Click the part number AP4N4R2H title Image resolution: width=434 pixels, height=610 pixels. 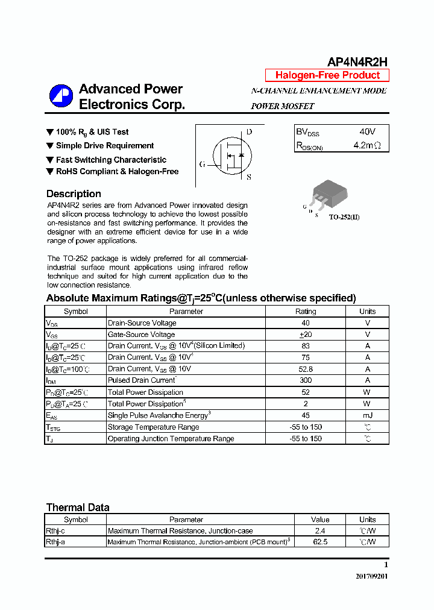pos(357,61)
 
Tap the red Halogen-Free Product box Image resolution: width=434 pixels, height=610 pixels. pos(327,75)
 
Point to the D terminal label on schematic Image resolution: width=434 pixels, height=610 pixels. pos(249,132)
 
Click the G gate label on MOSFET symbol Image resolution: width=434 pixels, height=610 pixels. pos(202,164)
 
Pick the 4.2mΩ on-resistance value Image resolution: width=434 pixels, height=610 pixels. pos(367,145)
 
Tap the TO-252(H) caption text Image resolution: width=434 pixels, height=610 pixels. pos(344,217)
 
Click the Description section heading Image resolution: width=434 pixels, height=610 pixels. pos(74,194)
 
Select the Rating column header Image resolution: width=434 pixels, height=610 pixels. pos(305,312)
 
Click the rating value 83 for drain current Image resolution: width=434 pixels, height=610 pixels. pos(305,346)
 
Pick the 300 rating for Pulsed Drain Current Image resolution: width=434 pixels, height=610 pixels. pos(305,380)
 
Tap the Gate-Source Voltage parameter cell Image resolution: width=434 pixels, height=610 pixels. pos(142,335)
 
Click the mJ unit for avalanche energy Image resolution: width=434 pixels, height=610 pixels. pos(367,415)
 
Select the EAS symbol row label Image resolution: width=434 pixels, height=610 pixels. pos(52,415)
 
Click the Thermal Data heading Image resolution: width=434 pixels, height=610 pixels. pos(78,508)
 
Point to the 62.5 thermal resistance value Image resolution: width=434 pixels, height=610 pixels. pos(320,542)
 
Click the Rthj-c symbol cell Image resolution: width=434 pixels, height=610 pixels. pos(57,531)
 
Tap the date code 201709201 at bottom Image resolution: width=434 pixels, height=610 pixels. pos(372,576)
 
